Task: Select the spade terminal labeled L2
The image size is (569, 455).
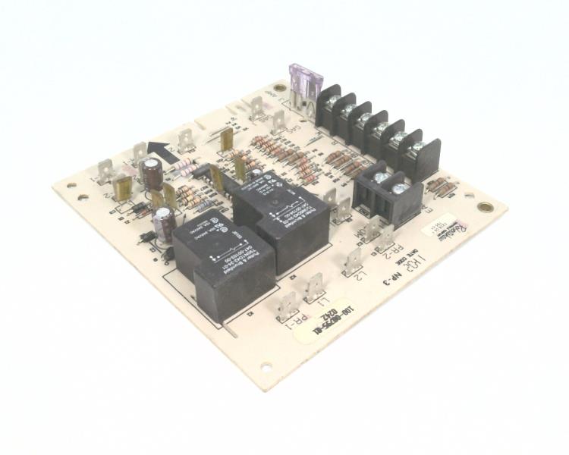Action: click(x=352, y=261)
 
